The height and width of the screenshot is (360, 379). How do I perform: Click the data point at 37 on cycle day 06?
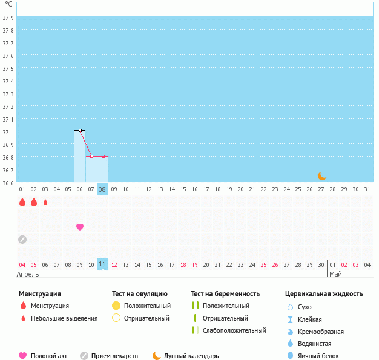[x=80, y=130]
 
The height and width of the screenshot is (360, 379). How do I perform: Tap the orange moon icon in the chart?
[x=322, y=176]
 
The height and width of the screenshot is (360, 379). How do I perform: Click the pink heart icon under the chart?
[x=80, y=227]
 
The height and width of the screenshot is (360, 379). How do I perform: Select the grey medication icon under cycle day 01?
[x=22, y=239]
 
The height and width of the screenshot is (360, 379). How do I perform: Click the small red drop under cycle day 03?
[x=45, y=202]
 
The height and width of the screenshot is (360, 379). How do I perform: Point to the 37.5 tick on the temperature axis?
[x=8, y=68]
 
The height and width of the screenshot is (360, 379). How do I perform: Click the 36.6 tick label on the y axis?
[x=8, y=182]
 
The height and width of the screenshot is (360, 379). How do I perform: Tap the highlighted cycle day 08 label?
[x=103, y=189]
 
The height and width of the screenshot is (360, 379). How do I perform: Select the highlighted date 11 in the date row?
[x=103, y=264]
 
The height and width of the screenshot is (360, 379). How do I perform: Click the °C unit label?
[x=8, y=4]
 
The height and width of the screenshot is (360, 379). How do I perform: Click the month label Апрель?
[x=28, y=274]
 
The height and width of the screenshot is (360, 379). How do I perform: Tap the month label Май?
[x=335, y=274]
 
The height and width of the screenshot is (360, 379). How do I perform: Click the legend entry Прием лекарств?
[x=114, y=356]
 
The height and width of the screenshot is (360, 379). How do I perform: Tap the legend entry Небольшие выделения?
[x=64, y=318]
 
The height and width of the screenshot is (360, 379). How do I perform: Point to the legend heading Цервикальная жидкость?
[x=324, y=294]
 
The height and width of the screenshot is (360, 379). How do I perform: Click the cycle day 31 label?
[x=367, y=189]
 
